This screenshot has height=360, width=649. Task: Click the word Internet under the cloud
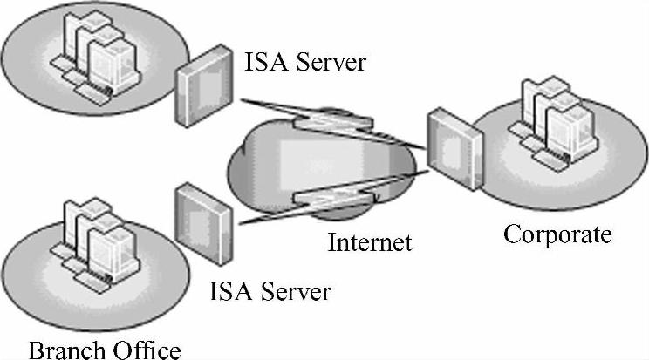point(369,241)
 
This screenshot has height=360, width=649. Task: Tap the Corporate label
point(558,235)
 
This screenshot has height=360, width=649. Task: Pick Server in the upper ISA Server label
point(318,62)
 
